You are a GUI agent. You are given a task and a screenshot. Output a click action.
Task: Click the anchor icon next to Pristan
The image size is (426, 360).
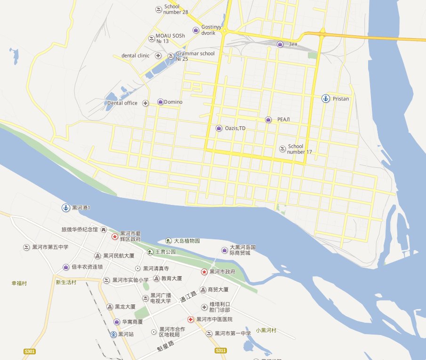tap(325, 98)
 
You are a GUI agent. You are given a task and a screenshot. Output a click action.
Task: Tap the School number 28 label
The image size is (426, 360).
tap(176, 9)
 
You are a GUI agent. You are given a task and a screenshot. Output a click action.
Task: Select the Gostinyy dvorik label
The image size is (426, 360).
tap(208, 31)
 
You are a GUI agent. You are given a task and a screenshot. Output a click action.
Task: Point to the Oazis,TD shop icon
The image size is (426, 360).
tap(219, 128)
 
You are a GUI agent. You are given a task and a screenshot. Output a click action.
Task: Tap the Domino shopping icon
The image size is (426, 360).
tap(161, 102)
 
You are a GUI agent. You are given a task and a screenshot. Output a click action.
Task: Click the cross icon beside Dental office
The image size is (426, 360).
tap(146, 103)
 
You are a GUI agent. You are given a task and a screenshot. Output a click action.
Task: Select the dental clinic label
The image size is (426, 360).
tap(135, 56)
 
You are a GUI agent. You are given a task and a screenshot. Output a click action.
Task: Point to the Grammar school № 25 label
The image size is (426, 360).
tap(195, 56)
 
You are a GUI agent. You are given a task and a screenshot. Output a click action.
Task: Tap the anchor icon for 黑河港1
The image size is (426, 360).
tap(66, 207)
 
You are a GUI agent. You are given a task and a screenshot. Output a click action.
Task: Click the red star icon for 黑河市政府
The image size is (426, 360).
tap(204, 271)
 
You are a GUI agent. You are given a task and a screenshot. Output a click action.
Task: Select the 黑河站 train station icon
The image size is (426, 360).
tap(113, 334)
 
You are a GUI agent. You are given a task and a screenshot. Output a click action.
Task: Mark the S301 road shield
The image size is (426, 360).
tap(30, 352)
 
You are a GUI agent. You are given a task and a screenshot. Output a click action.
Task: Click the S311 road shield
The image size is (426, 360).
tap(221, 351)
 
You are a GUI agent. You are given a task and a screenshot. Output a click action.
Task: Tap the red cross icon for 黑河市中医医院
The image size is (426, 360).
tap(191, 319)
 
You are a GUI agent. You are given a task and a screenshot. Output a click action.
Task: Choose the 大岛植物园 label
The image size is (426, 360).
tap(186, 241)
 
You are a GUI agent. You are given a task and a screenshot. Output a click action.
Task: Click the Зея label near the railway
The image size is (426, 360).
tap(293, 44)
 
